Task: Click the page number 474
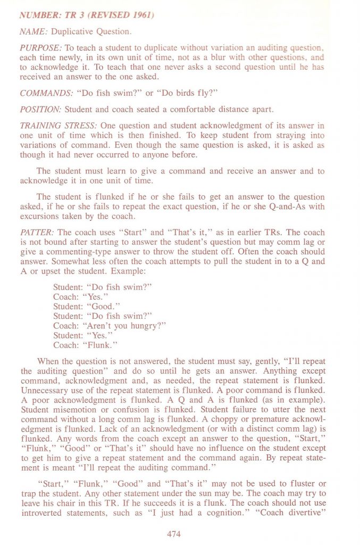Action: pos(174,533)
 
